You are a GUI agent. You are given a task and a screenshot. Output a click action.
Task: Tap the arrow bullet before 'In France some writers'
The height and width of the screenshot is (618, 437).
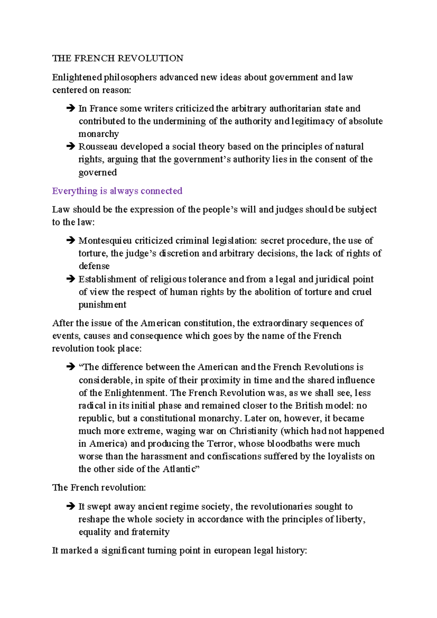click(70, 108)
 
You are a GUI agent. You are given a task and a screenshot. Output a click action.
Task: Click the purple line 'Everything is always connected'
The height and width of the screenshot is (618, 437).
click(117, 191)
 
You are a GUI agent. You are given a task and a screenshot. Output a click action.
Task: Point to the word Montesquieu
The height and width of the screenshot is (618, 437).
click(105, 240)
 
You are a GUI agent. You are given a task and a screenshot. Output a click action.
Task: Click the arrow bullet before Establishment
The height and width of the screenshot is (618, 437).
click(70, 279)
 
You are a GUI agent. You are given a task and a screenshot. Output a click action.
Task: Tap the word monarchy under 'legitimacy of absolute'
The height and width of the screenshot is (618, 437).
click(99, 134)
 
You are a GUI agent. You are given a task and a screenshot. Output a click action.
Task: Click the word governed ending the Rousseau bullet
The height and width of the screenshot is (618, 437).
click(98, 172)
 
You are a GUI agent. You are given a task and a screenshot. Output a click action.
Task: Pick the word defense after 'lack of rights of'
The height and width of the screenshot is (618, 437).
click(94, 266)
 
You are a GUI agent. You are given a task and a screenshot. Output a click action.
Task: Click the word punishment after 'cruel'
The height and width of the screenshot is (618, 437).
click(102, 305)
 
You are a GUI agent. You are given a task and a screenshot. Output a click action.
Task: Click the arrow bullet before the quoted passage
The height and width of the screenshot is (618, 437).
click(70, 367)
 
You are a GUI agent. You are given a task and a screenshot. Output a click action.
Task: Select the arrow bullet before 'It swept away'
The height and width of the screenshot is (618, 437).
click(70, 506)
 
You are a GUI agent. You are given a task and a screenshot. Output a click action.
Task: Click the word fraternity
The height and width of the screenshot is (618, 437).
click(150, 532)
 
